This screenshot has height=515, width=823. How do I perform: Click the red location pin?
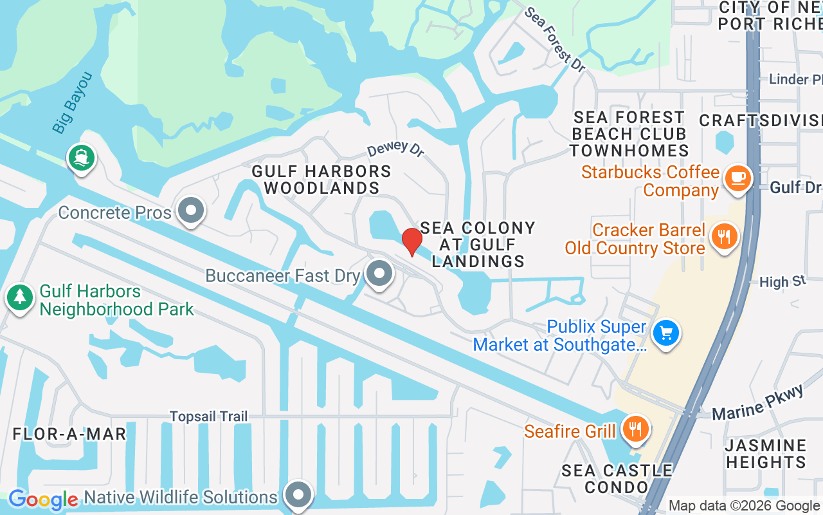tap(412, 241)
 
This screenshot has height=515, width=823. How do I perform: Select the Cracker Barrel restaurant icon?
tap(724, 236)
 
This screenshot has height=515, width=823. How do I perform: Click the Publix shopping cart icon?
tap(666, 333)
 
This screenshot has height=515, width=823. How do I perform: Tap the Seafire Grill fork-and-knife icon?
tap(636, 428)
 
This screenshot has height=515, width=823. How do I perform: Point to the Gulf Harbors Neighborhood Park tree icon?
tap(20, 297)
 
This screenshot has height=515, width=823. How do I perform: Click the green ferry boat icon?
tap(81, 156)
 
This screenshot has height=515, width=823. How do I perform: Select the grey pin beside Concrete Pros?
tap(190, 210)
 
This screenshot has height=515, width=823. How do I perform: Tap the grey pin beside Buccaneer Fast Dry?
tap(379, 273)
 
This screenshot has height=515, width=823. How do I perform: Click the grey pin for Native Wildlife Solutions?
tap(298, 494)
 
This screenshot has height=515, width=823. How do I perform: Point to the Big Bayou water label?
tap(73, 103)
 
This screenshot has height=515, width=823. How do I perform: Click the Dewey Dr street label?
tap(396, 149)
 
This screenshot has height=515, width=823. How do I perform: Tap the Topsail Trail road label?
tap(208, 417)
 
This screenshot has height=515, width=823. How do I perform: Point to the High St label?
tap(782, 282)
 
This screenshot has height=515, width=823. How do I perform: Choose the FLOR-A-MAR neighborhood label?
tap(69, 434)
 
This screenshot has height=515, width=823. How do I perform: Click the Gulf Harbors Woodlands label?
tap(321, 180)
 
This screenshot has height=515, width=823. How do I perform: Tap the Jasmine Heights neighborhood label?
tap(765, 454)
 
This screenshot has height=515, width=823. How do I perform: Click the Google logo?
tap(44, 500)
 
